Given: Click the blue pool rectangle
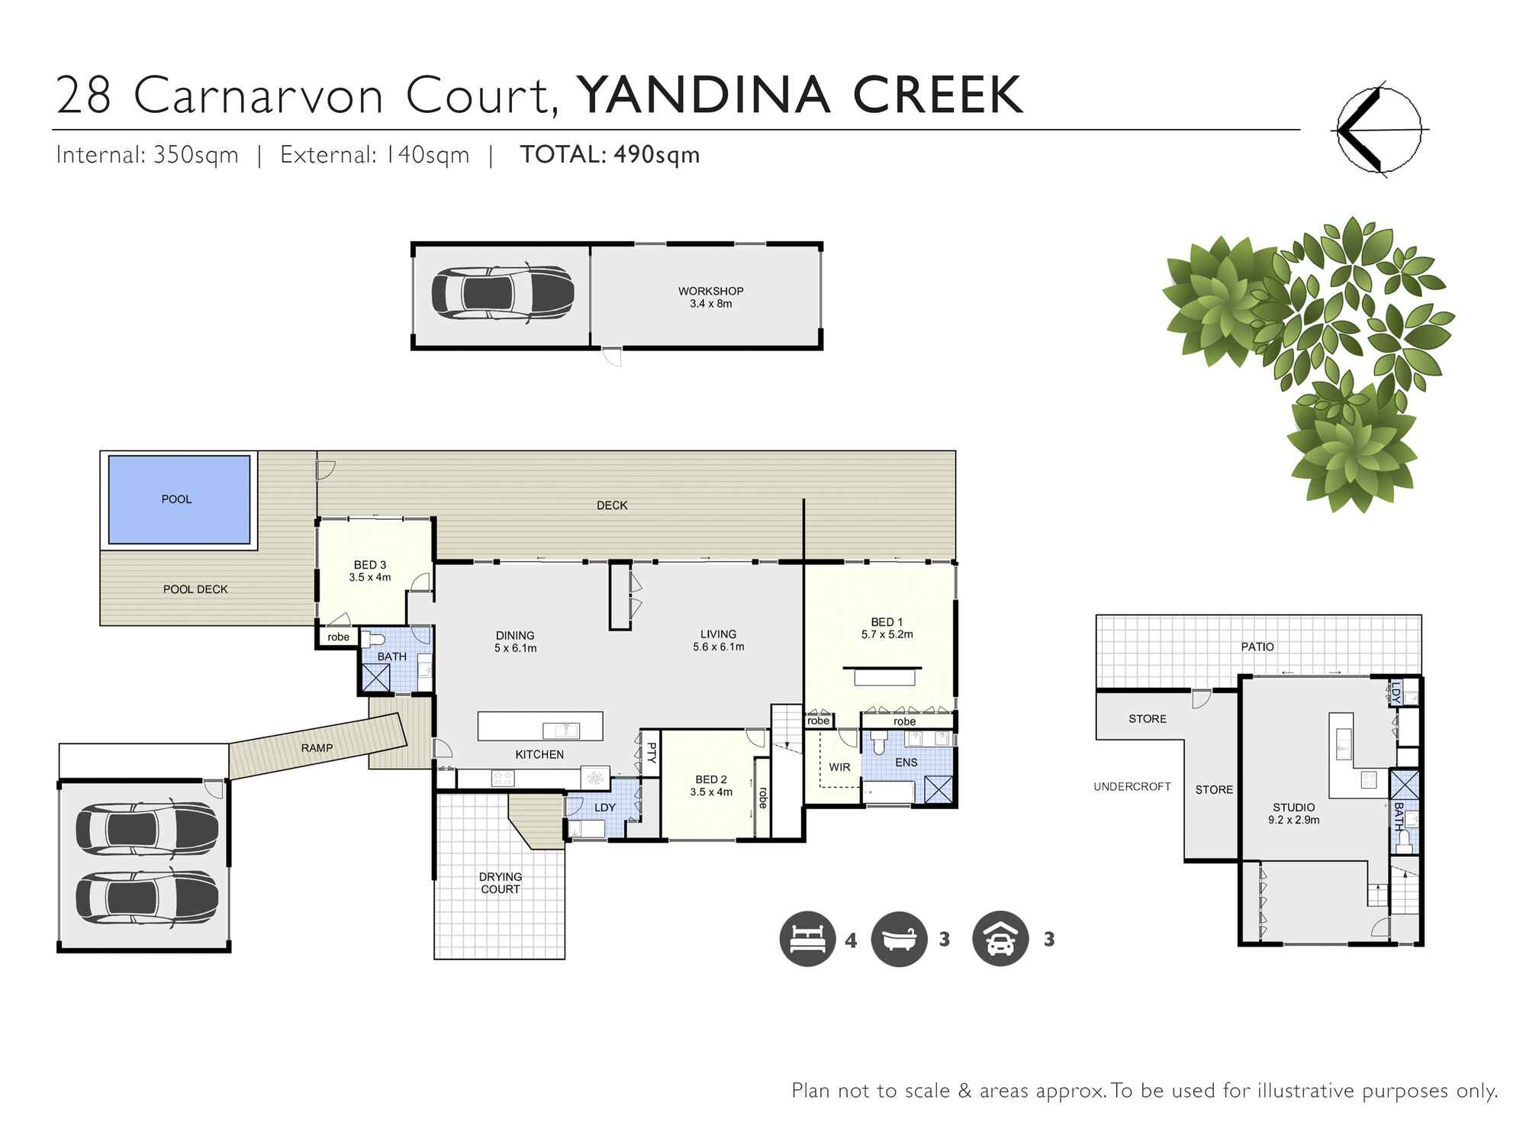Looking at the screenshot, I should (179, 499).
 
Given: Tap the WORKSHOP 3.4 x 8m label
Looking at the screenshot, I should (710, 297).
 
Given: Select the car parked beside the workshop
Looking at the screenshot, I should (503, 293).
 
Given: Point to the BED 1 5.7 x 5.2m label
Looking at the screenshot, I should (887, 628).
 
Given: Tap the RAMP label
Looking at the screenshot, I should (317, 748).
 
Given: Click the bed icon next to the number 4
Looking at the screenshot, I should (807, 939).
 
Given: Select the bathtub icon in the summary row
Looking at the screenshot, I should (899, 939).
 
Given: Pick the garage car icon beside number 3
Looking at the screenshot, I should (1000, 939).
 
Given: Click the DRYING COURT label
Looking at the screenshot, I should (501, 882).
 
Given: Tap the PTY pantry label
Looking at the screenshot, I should (652, 753).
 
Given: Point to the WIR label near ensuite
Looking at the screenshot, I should (839, 767).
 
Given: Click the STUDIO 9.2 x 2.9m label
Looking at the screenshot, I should (1293, 813).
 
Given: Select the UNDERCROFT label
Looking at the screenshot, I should (1132, 786).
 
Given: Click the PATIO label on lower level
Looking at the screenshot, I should (1257, 647).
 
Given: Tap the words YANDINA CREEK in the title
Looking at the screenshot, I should (799, 95).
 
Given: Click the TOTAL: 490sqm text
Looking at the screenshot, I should (610, 155).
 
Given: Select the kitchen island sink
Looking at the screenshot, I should (561, 731).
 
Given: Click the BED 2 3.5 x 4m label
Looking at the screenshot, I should (710, 785).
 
